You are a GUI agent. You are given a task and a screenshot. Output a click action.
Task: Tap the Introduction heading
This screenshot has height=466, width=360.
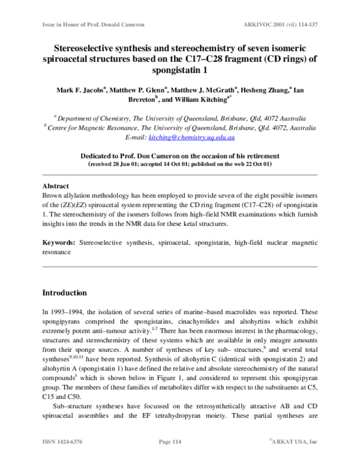click(x=64, y=293)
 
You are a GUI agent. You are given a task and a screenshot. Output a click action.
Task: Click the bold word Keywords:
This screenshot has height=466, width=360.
click(x=59, y=242)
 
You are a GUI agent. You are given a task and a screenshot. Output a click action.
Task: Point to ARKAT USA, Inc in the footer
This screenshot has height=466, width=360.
click(x=294, y=458)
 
